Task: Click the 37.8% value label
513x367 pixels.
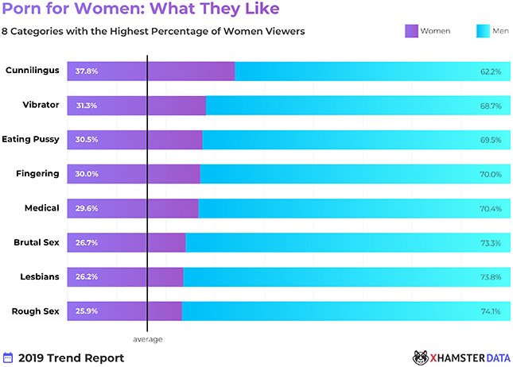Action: [x=87, y=71]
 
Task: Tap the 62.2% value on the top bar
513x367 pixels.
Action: [x=490, y=71]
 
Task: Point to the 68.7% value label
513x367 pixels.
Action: [x=490, y=106]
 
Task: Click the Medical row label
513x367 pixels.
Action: [x=42, y=208]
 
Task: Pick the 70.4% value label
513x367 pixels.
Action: [x=490, y=208]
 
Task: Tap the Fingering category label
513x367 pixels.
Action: [x=38, y=174]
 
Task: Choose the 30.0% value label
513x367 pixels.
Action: [x=87, y=174]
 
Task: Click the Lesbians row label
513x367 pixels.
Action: [x=39, y=276]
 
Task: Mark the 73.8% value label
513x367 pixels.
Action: [x=490, y=276]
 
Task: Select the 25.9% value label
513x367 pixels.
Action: [x=87, y=311]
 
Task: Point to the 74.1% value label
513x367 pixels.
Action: [x=490, y=311]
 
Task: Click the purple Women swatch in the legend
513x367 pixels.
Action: [x=412, y=31]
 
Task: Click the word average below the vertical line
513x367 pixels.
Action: [x=147, y=339]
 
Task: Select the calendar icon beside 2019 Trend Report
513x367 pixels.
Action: [x=9, y=357]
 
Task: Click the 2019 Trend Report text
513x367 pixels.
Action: [x=71, y=358]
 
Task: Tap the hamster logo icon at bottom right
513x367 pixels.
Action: [x=421, y=357]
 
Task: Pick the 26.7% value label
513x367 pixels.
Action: [x=87, y=242]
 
